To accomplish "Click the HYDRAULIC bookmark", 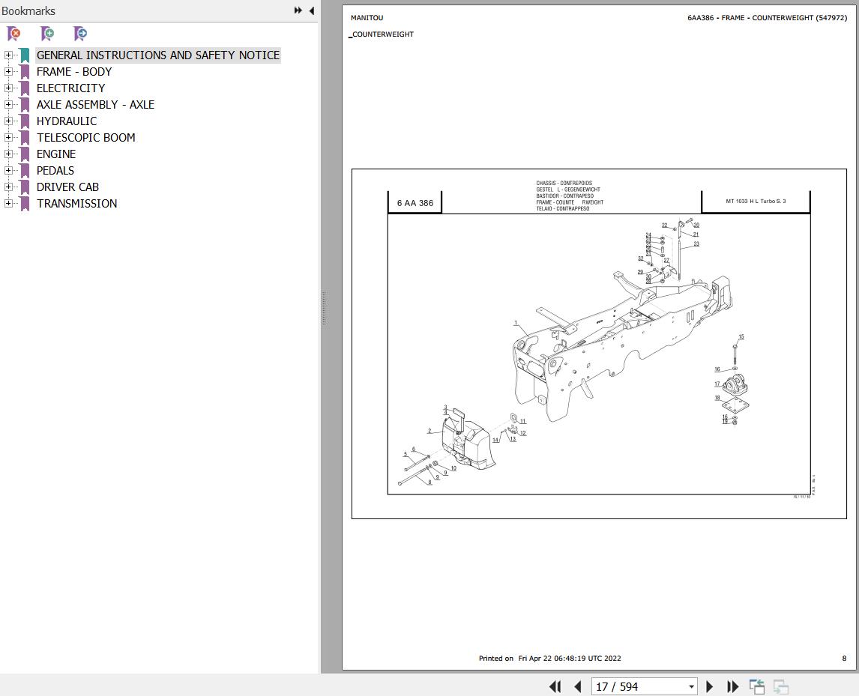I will tap(67, 121).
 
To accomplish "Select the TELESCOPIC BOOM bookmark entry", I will tap(86, 138).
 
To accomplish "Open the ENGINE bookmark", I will tap(56, 154).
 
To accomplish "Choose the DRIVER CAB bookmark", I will tap(67, 187).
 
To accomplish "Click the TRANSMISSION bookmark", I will tap(76, 204).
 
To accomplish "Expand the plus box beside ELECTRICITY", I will tap(8, 88).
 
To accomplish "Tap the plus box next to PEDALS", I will tap(8, 171).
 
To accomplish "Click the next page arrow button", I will tap(710, 686).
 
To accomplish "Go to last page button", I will tap(733, 686).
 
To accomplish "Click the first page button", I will tap(555, 686).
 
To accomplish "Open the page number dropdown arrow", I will tap(691, 687).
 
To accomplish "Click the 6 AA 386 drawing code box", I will tap(415, 203).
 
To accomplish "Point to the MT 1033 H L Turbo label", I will tap(756, 202).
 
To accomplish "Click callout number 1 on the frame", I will tap(516, 324).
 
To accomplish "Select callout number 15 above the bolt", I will tap(741, 337).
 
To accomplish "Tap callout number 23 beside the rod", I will tap(696, 244).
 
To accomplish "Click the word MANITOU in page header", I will tap(367, 18).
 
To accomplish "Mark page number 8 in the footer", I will tap(844, 659).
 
